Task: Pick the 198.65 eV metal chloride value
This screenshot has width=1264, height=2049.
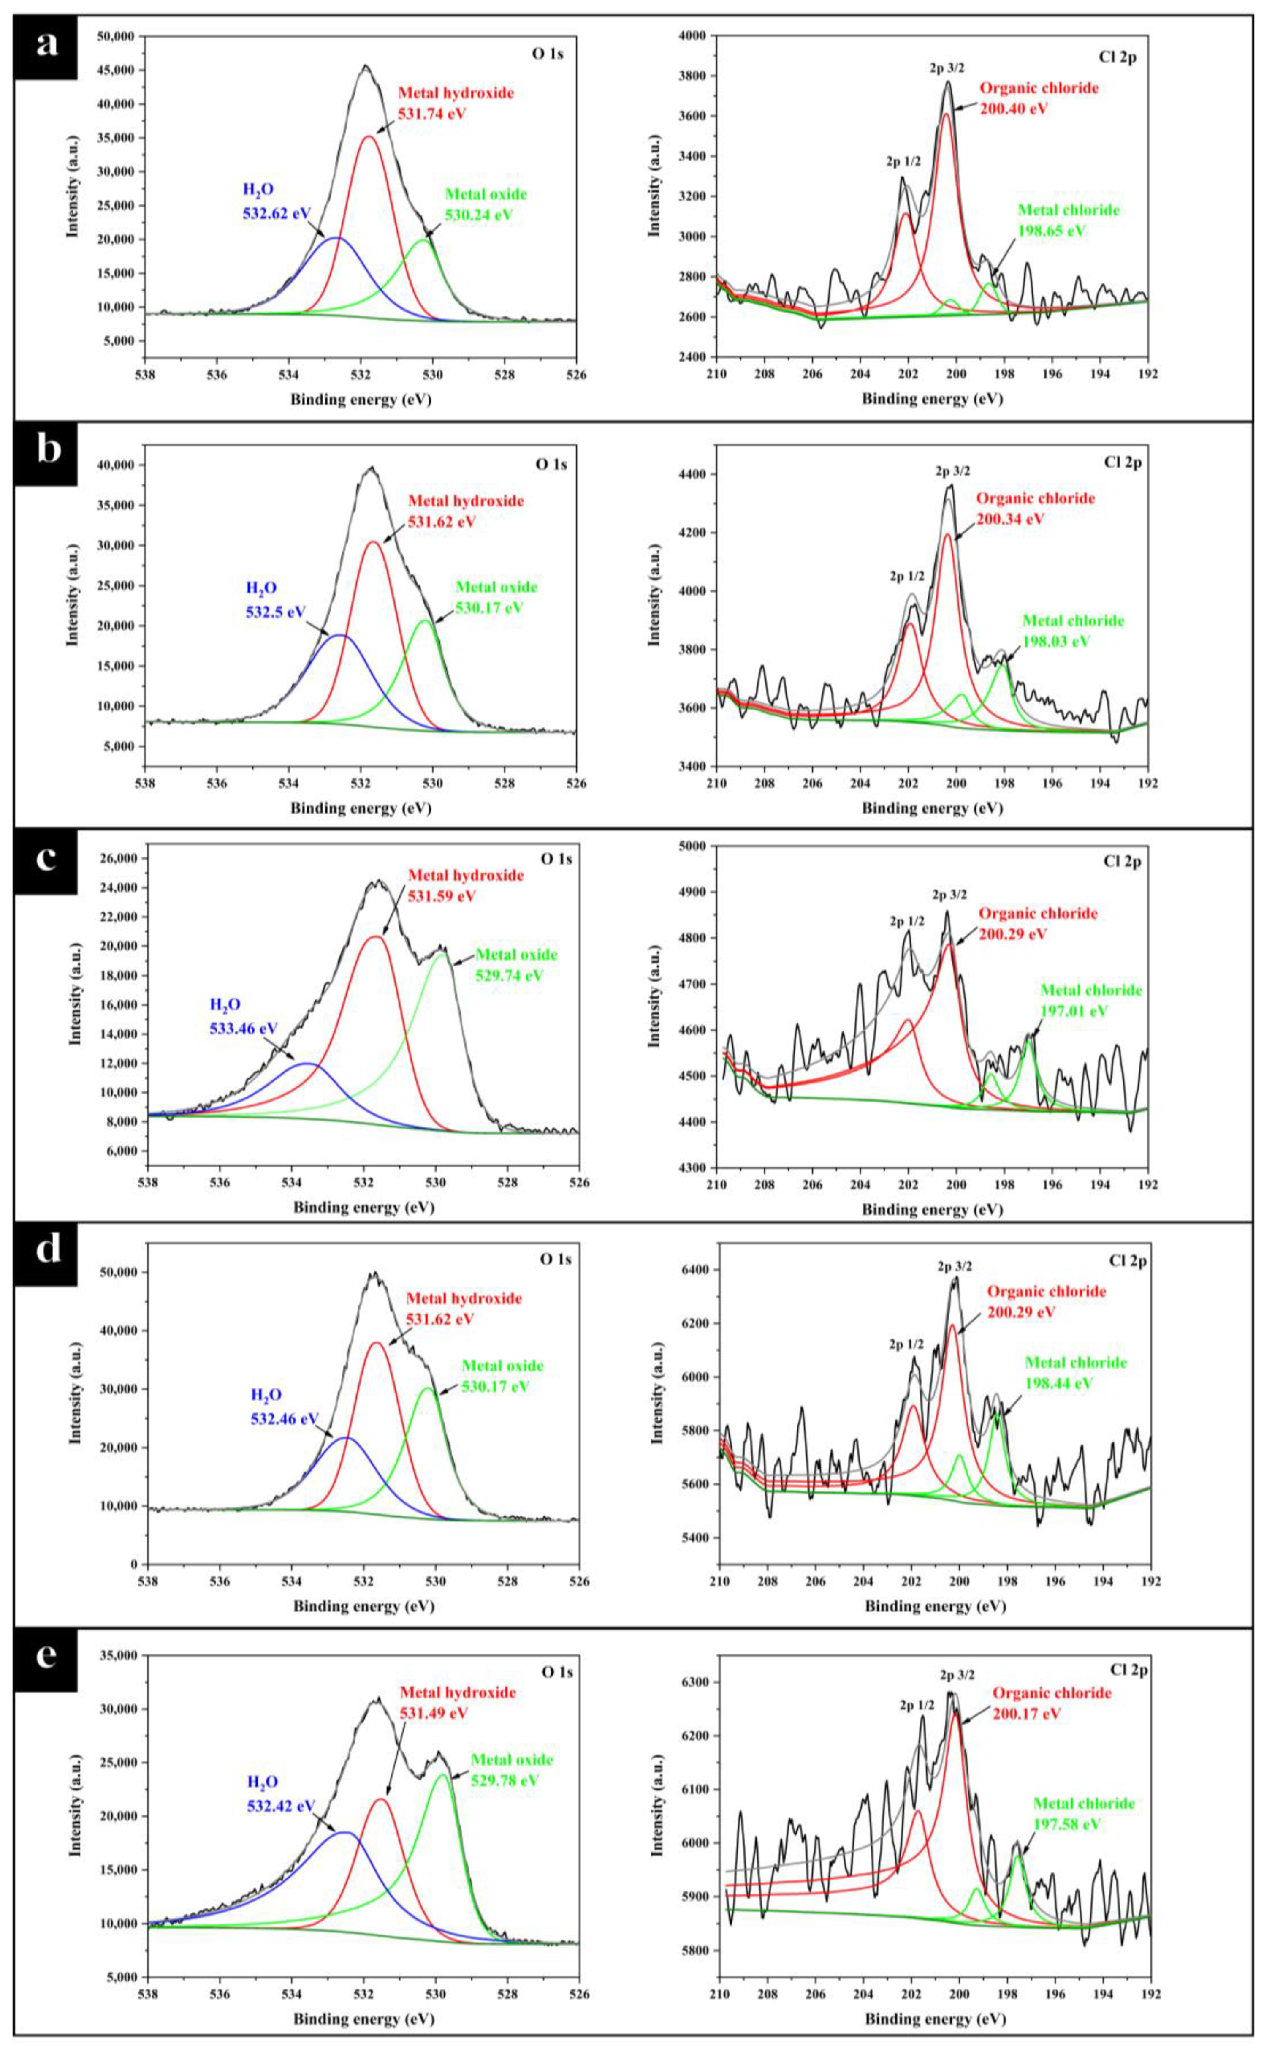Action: point(1052,231)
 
